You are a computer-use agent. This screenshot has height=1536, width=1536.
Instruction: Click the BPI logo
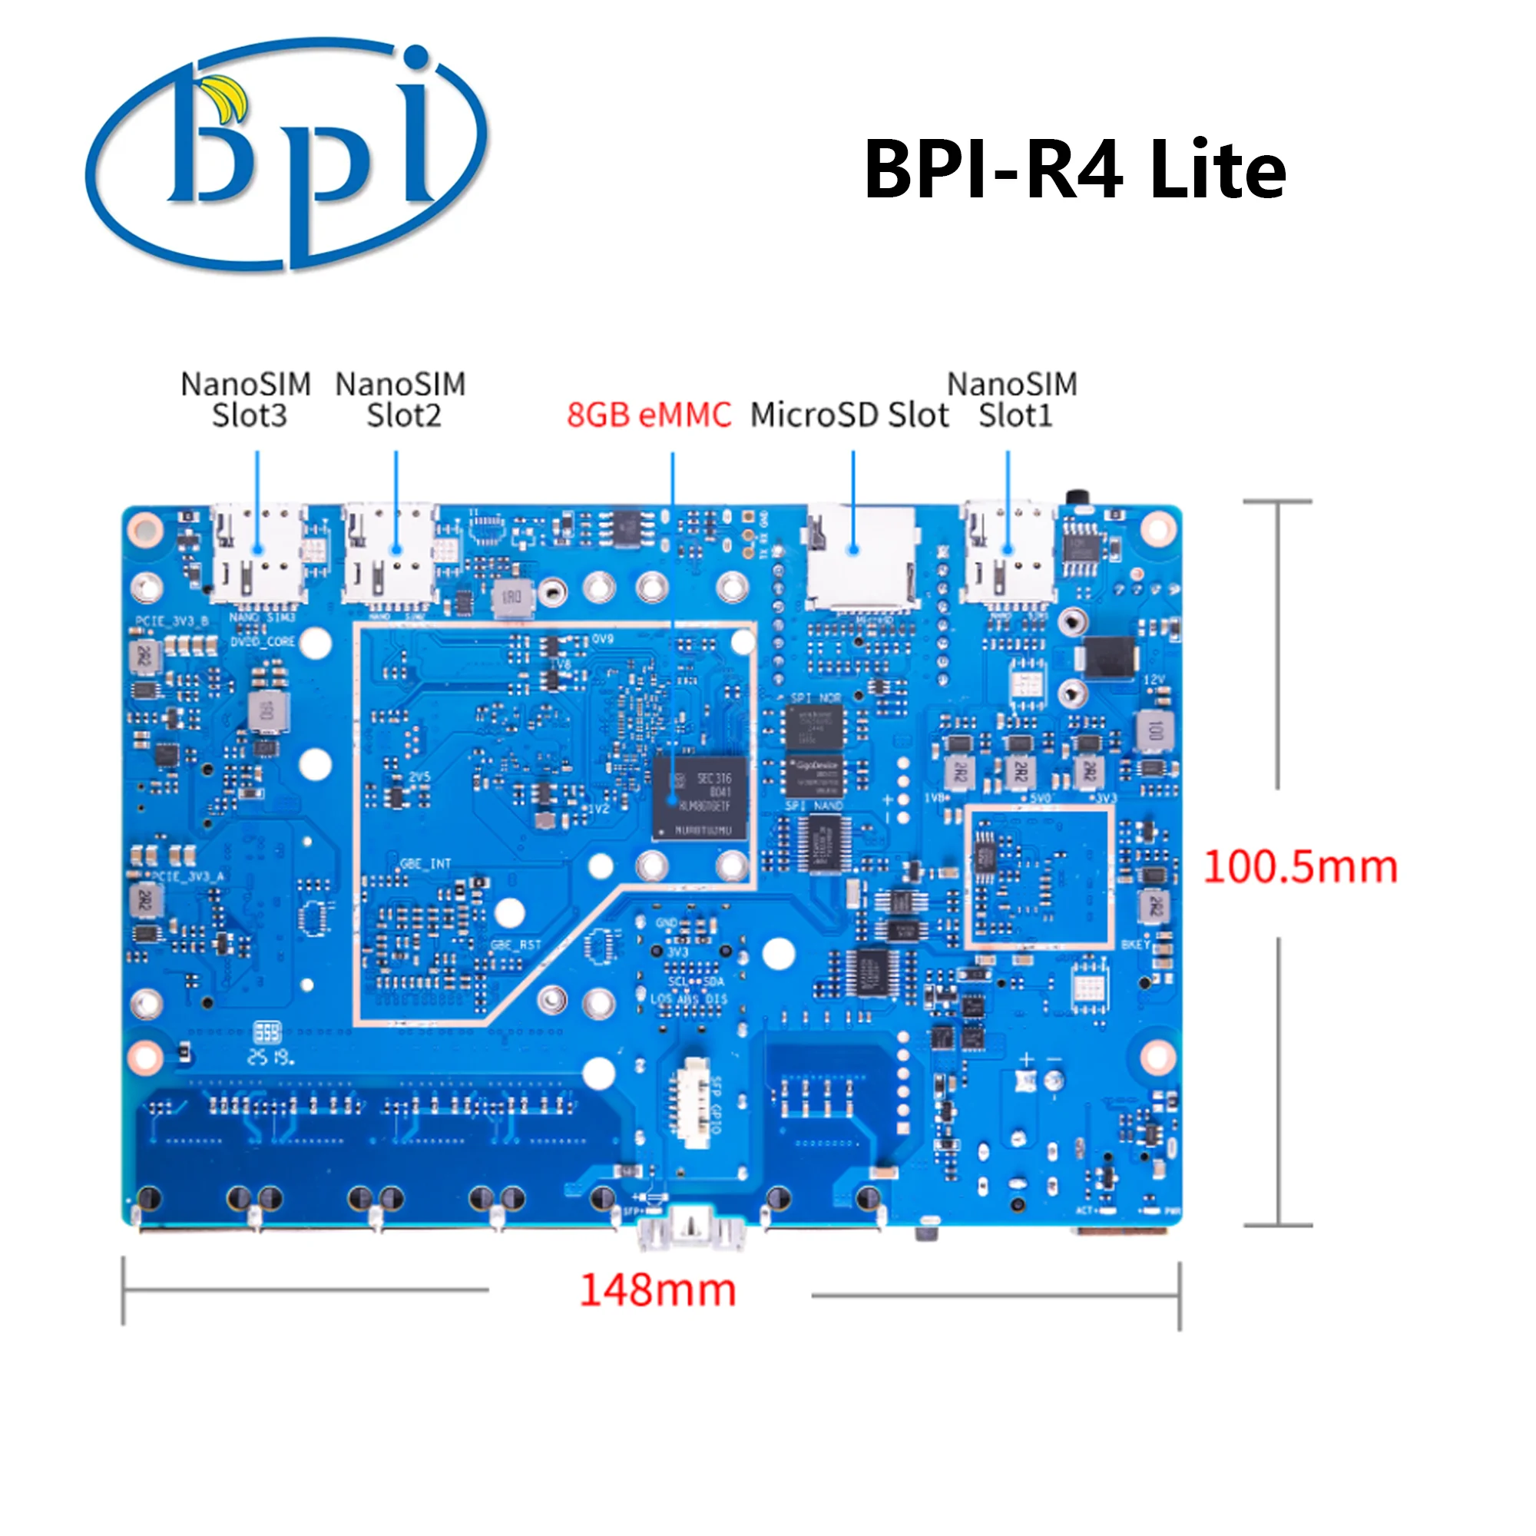pos(286,155)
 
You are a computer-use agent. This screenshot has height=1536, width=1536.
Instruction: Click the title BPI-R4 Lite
pos(1074,169)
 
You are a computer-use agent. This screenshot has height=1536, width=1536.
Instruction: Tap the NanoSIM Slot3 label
pos(247,400)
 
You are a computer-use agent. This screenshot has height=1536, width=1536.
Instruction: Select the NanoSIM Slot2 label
pos(401,400)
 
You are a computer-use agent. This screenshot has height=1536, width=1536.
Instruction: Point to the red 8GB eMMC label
pos(649,415)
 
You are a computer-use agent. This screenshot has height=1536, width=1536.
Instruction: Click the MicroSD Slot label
pos(849,415)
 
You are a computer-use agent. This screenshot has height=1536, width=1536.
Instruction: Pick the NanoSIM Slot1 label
pos(1012,400)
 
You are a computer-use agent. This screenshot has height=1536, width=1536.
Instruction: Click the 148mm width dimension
pos(657,1289)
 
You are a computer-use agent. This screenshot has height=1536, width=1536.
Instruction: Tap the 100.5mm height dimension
pos(1300,866)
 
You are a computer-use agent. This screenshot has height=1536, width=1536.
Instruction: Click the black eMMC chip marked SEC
pos(700,797)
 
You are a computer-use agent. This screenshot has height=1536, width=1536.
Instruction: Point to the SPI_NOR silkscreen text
pos(816,698)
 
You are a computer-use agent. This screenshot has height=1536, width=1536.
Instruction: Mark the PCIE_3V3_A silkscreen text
pos(188,877)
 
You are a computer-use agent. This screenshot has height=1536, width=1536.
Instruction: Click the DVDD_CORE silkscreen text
pos(263,641)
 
